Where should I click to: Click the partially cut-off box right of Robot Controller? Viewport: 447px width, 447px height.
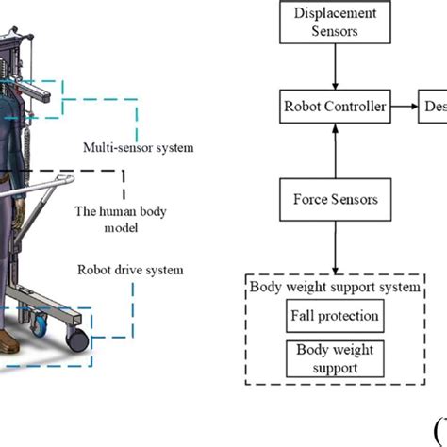436,107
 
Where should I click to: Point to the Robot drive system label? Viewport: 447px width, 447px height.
131,270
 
